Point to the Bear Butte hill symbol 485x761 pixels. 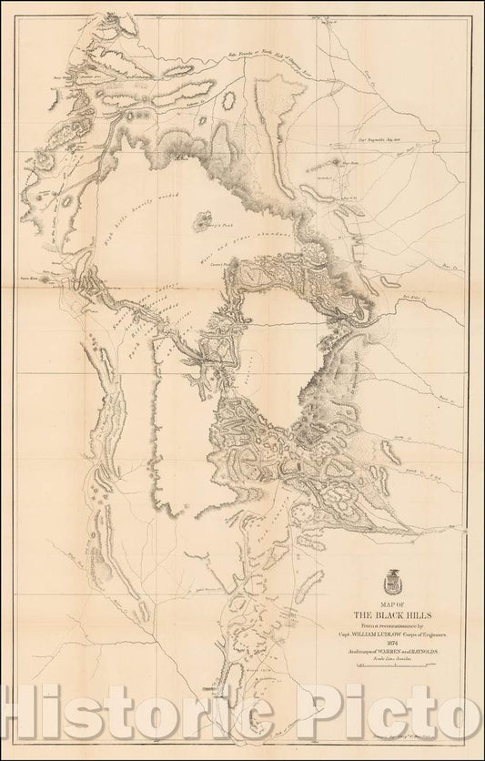coord(338,162)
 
